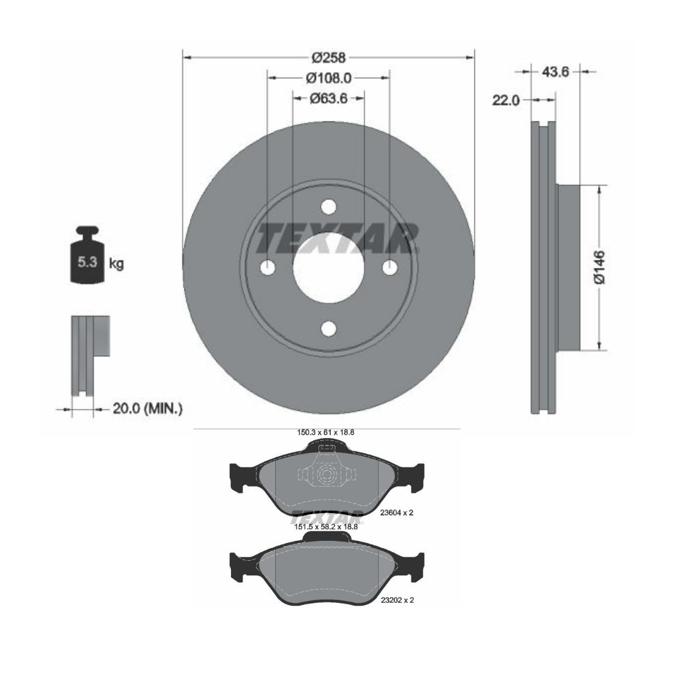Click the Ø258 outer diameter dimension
(329, 57)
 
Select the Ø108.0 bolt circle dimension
(329, 78)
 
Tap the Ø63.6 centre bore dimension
(329, 98)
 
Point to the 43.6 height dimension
(556, 71)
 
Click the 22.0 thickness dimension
(506, 100)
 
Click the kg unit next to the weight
(116, 263)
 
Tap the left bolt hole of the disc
(267, 267)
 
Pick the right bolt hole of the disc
(389, 267)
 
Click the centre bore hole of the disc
(328, 267)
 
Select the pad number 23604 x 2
(396, 512)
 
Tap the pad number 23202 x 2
(396, 600)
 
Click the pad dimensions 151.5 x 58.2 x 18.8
(326, 527)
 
